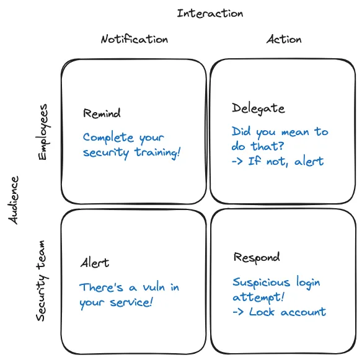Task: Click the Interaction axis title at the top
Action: pos(210,13)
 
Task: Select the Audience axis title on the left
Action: pos(15,200)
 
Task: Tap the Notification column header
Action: pos(134,39)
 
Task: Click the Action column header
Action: pos(284,39)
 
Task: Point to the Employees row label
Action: pos(43,132)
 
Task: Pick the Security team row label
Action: pos(41,282)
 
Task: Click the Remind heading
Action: pos(102,113)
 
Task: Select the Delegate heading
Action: pos(258,108)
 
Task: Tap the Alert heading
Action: pos(95,263)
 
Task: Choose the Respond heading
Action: pos(256,257)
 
